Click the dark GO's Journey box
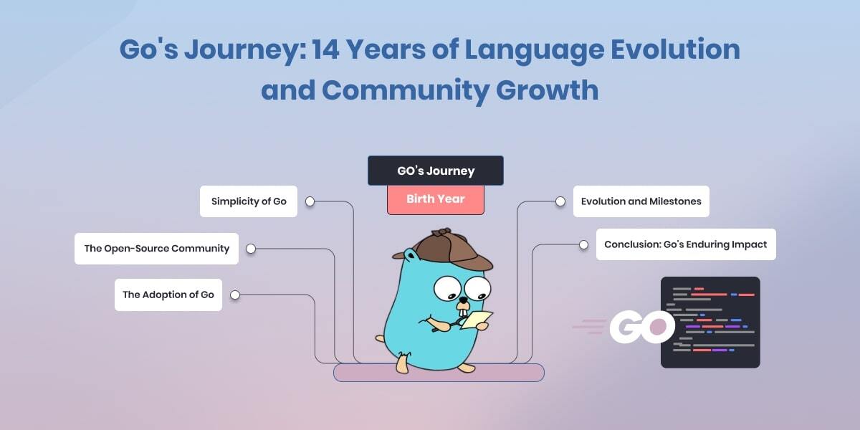pos(435,171)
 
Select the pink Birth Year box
pos(435,199)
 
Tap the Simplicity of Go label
pos(249,201)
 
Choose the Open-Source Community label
pos(156,249)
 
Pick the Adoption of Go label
pos(168,295)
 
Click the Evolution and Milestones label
pos(641,201)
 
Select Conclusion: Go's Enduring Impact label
pos(685,244)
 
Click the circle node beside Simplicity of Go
pos(310,201)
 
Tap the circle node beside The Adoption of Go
pos(234,295)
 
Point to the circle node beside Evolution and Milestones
pos(560,201)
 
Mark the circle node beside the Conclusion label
pos(583,244)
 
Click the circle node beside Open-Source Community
pos(251,249)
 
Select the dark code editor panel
pos(709,322)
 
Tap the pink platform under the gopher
pos(439,373)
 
